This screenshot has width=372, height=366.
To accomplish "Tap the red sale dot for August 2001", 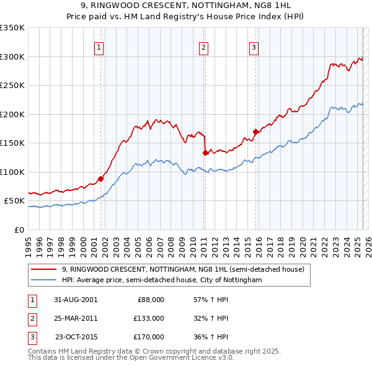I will [x=100, y=179].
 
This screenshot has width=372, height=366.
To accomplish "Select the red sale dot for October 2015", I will [x=255, y=132].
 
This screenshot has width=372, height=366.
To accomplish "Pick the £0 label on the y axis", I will [x=19, y=230].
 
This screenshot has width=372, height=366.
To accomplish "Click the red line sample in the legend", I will [x=43, y=270].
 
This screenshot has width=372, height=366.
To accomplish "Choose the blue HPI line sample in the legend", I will [x=43, y=280].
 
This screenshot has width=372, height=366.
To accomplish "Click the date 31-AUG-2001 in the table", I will [x=76, y=300].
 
